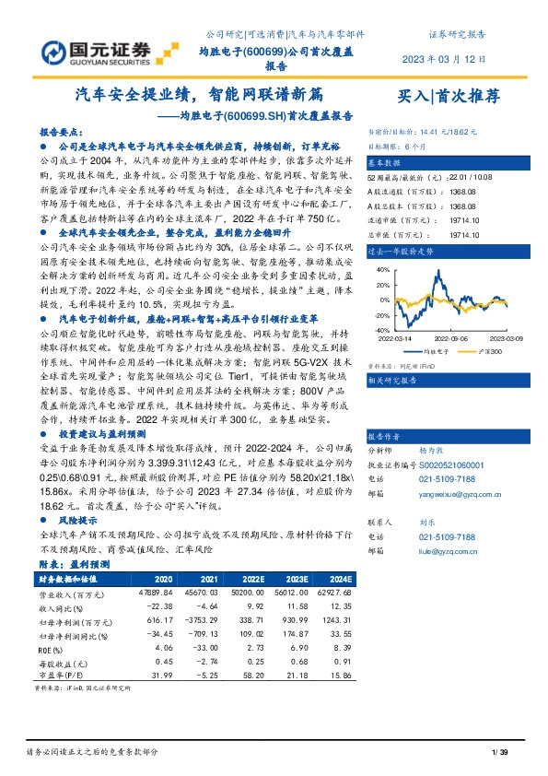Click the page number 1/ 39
(x=500, y=753)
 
